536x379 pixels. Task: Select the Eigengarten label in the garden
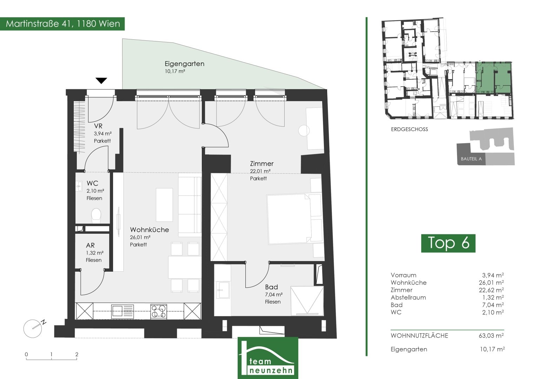coord(185,64)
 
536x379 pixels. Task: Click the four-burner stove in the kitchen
coord(159,311)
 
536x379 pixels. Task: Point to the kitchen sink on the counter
coord(123,311)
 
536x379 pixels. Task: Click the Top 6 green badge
coord(448,243)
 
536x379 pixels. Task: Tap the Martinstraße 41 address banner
coord(62,24)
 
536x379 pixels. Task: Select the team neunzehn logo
coord(268,358)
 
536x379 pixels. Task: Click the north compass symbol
coord(34,328)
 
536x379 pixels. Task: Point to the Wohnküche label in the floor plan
coord(149,230)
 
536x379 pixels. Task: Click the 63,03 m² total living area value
coord(491,335)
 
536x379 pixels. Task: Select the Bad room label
coord(271,287)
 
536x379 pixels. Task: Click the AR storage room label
coord(90,246)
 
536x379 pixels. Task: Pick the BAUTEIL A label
coord(471,159)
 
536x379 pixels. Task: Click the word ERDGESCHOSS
coord(409,129)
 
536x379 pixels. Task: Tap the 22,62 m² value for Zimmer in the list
coord(491,290)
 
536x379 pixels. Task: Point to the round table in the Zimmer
coord(304,131)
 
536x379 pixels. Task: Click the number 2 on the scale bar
coord(77,354)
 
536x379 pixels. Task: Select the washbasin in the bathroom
coord(223,290)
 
